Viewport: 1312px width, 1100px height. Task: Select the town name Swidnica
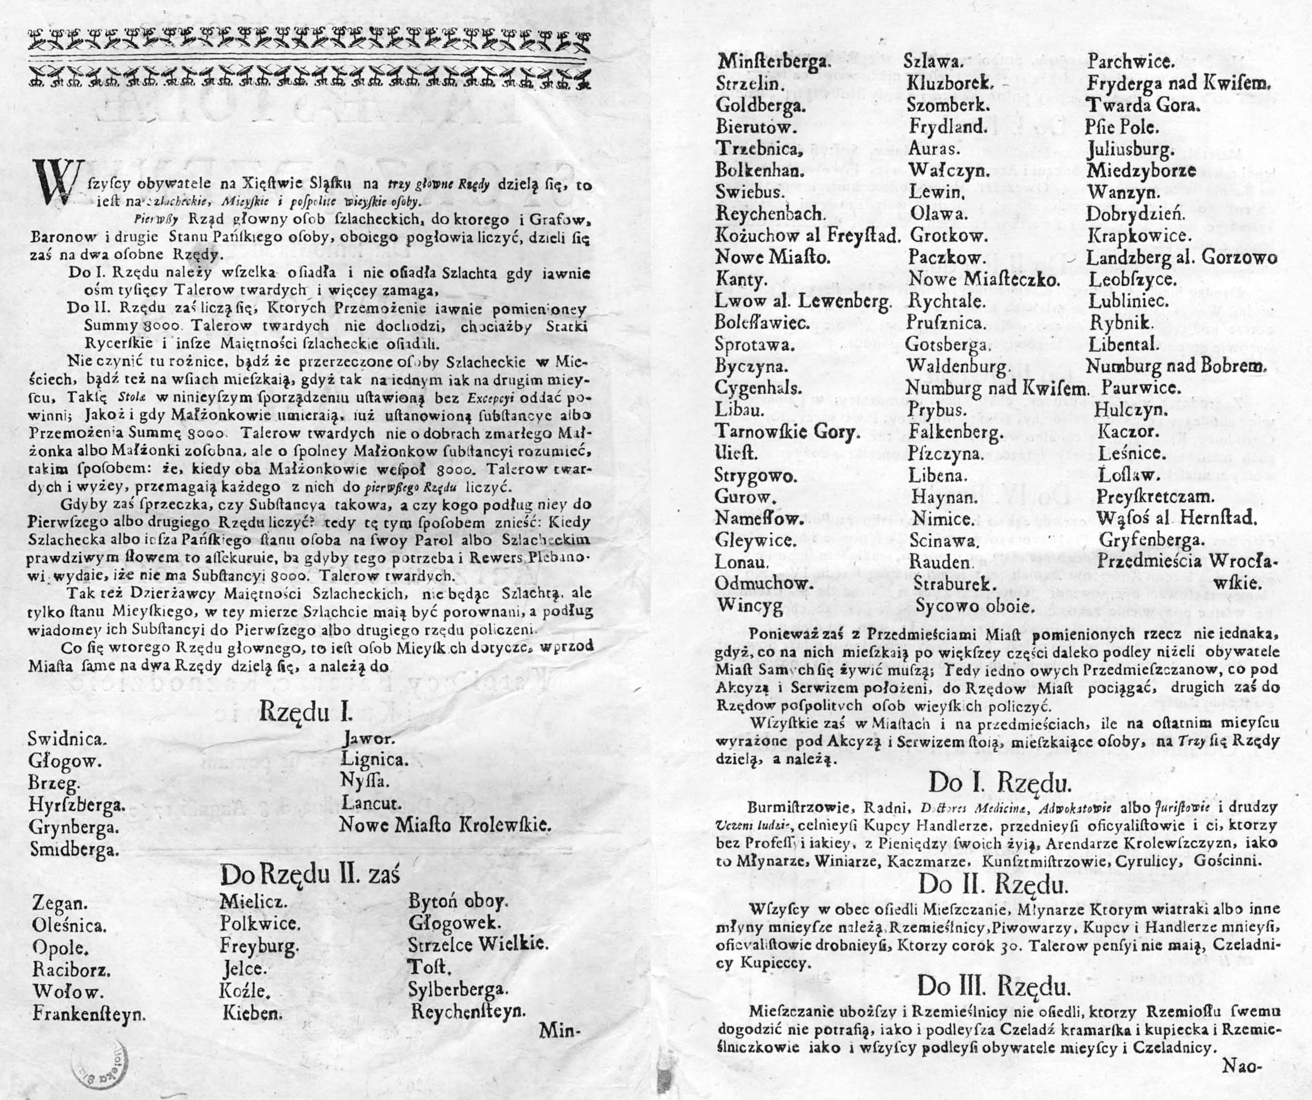coord(67,739)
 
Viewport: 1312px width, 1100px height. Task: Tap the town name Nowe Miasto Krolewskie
coord(445,825)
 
